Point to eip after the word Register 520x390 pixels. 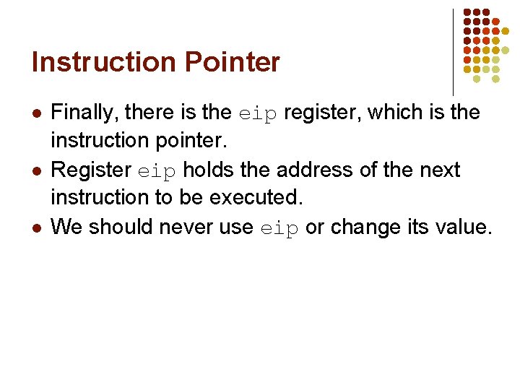(157, 171)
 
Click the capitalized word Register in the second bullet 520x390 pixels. (91, 171)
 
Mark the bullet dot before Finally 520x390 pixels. (35, 113)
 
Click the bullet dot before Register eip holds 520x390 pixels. (35, 171)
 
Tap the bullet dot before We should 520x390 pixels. (35, 228)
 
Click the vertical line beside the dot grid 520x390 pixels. (453, 51)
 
